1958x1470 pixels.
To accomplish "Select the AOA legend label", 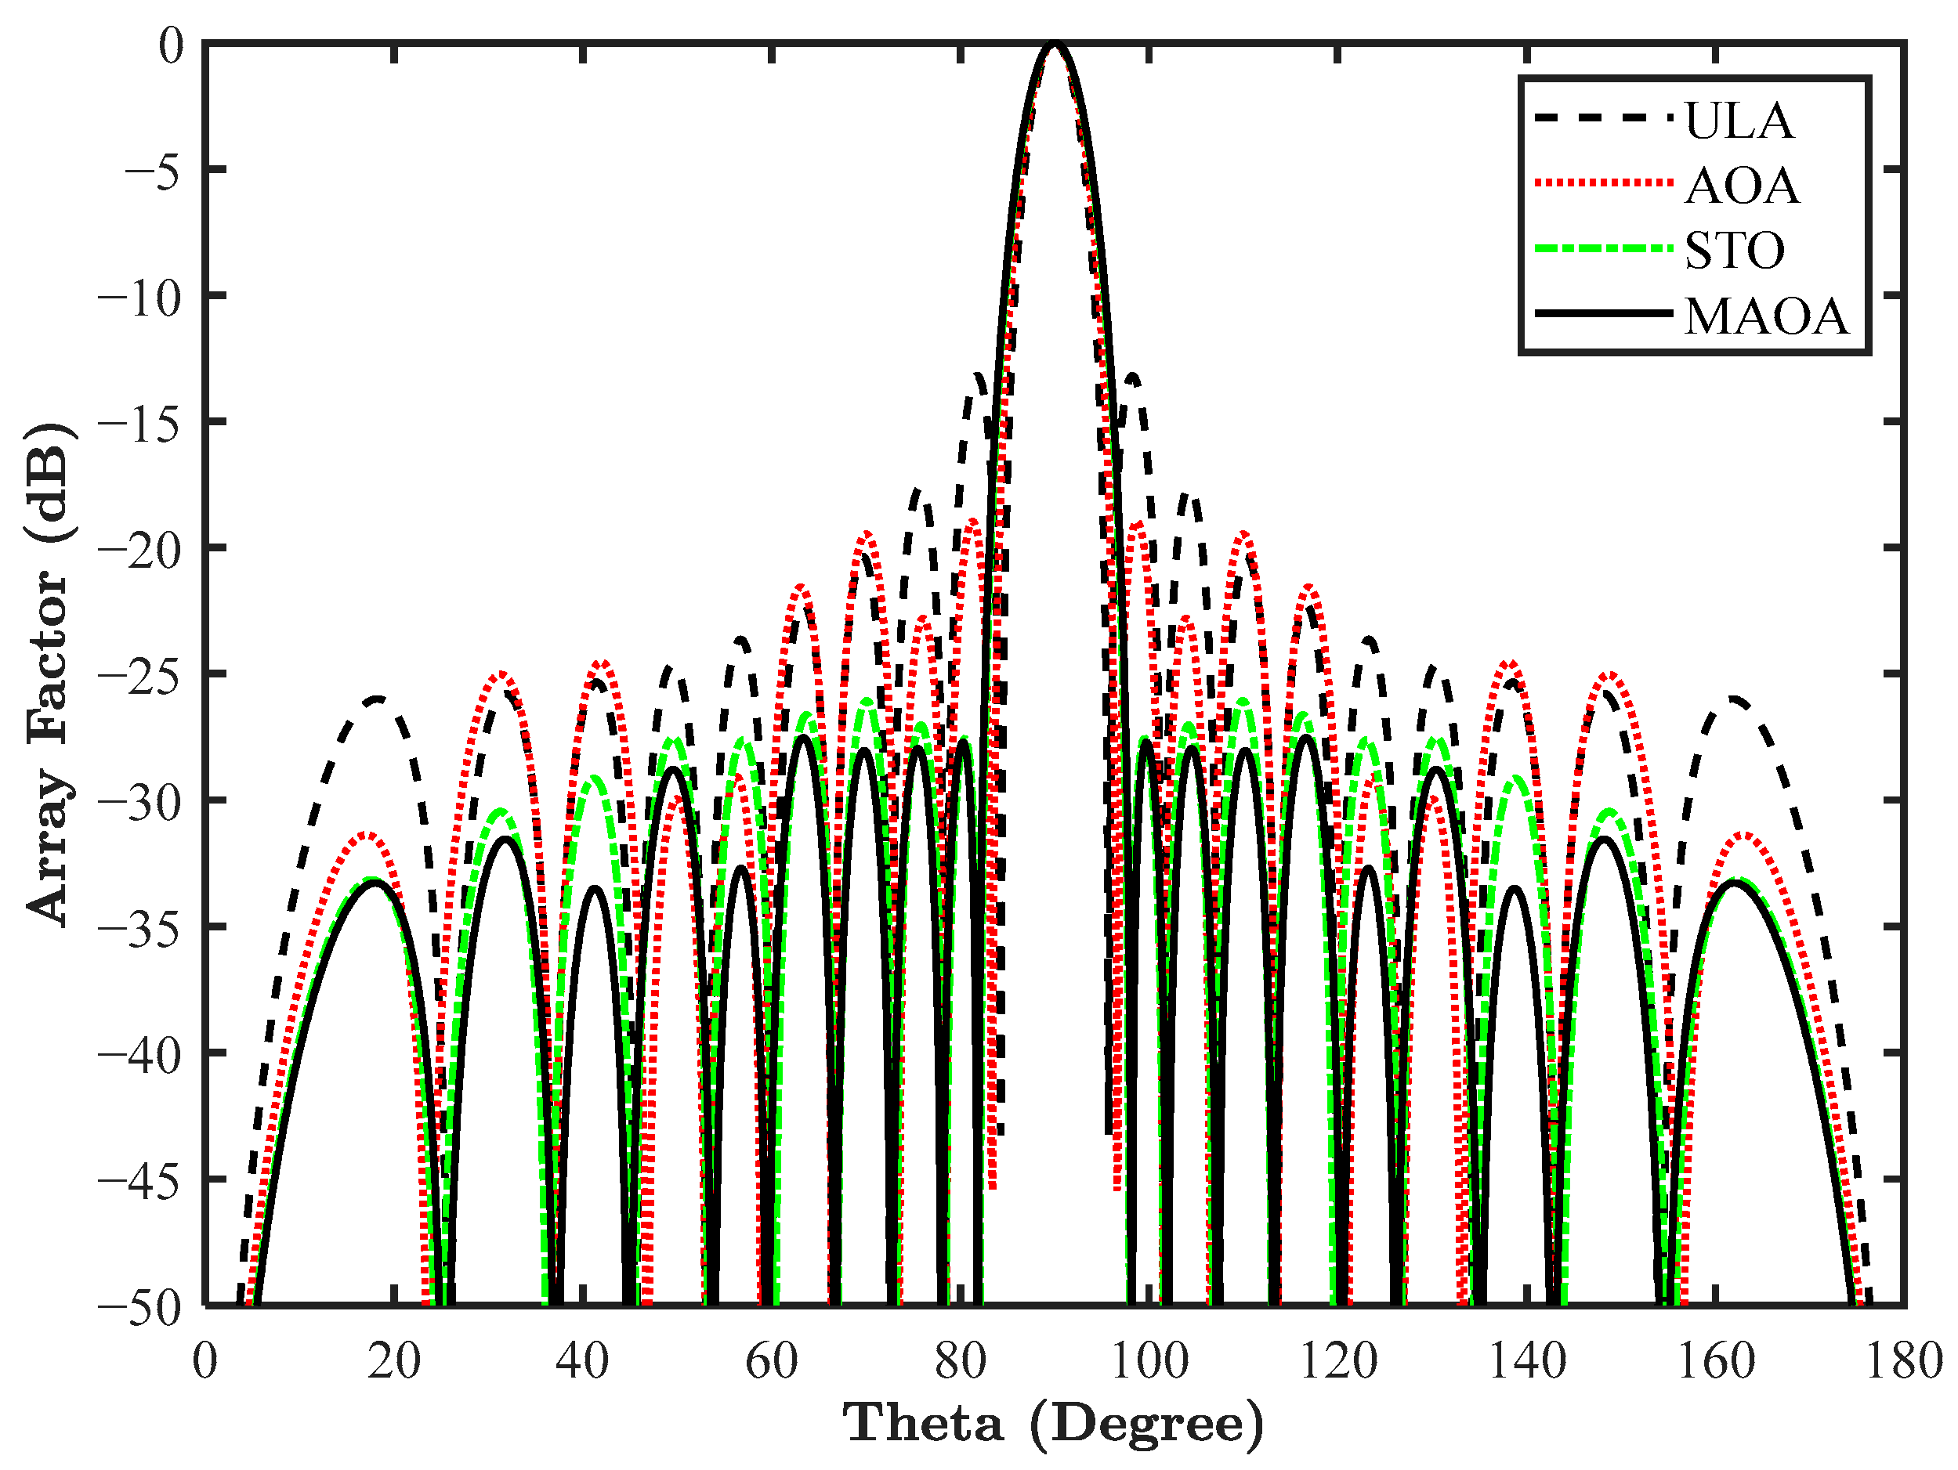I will tap(1741, 186).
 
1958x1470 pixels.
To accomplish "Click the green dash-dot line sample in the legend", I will tap(1603, 249).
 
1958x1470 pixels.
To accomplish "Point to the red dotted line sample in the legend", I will tap(1603, 184).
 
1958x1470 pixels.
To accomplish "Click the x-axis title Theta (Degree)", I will tap(1053, 1424).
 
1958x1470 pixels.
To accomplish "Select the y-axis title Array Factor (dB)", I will tap(48, 673).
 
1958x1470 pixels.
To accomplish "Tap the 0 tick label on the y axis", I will tap(170, 46).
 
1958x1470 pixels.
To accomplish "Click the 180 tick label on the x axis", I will tap(1903, 1361).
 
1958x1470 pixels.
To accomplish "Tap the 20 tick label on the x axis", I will tap(394, 1361).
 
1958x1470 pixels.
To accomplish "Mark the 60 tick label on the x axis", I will tap(771, 1361).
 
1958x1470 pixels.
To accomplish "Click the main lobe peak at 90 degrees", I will tap(1053, 45).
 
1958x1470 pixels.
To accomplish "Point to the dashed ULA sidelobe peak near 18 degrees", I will tap(377, 699).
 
